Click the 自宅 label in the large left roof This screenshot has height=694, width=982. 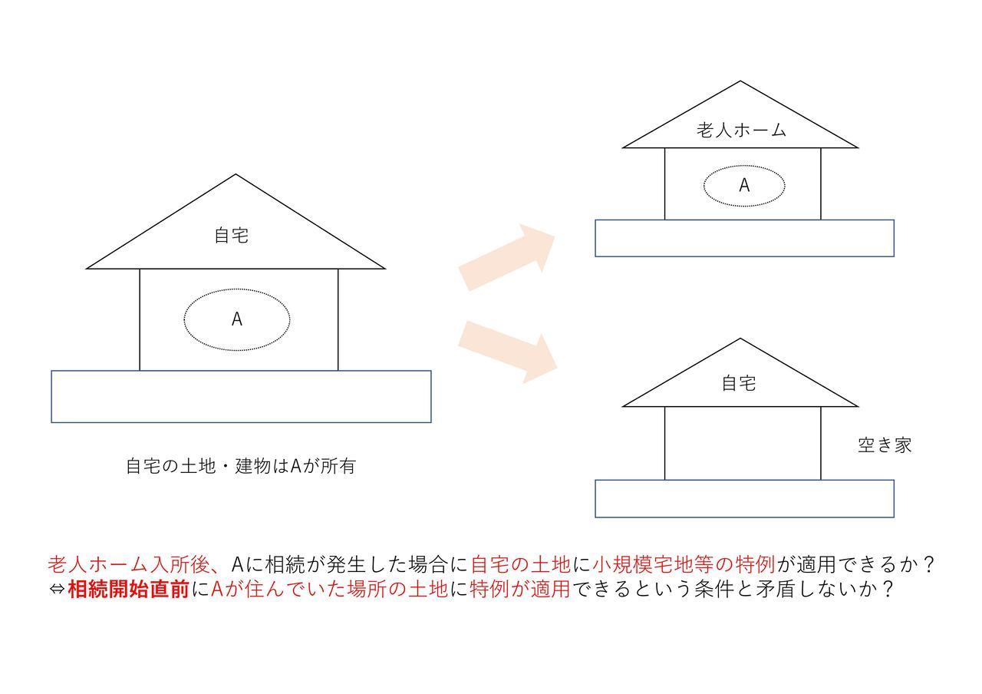[232, 236]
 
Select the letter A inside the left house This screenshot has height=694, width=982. [237, 319]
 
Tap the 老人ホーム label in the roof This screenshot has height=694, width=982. [741, 131]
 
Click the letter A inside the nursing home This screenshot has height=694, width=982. [744, 186]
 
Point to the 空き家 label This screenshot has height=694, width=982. [885, 445]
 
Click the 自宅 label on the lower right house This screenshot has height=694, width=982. [739, 383]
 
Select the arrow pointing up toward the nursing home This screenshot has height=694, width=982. [507, 257]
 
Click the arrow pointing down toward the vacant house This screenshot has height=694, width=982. [508, 352]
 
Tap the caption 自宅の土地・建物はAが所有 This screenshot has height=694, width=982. [241, 466]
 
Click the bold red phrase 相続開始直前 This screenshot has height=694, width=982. [128, 589]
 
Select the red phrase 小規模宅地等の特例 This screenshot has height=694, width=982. [684, 564]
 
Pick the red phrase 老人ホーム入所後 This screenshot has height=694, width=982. [130, 564]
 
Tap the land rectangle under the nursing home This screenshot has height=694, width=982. [744, 238]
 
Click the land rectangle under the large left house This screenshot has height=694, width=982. [241, 397]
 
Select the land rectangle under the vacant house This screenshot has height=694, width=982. [744, 499]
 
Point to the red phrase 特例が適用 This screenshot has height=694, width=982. [520, 589]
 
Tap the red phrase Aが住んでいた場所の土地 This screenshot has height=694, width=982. [330, 589]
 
